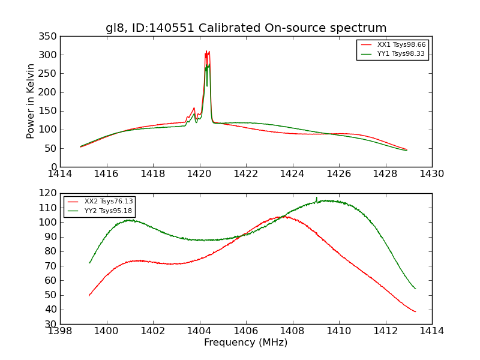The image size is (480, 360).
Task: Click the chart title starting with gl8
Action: [x=246, y=28]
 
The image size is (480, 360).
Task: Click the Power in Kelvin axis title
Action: [x=31, y=101]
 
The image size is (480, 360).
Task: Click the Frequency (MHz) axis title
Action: [x=245, y=343]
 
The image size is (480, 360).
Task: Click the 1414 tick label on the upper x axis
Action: [x=60, y=174]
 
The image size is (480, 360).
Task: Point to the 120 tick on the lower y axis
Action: [x=49, y=193]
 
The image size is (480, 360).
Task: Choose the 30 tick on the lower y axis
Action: [x=51, y=324]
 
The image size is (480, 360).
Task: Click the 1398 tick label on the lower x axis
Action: [x=60, y=331]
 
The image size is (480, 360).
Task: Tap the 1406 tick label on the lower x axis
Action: [x=246, y=331]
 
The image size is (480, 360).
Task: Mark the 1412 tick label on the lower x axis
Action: [x=385, y=331]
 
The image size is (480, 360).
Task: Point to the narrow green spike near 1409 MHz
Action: [x=317, y=197]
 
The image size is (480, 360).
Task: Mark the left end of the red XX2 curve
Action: [x=89, y=295]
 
